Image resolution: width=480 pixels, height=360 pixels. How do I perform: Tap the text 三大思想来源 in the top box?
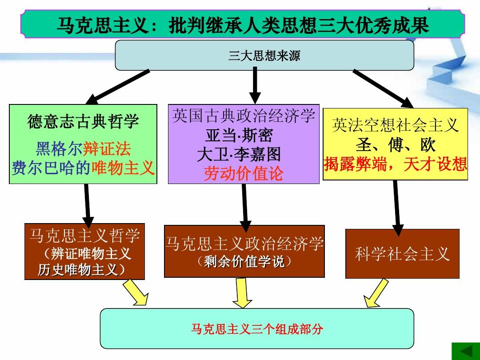click(264, 56)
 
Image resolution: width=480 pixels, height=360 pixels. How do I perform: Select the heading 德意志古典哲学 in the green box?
click(83, 121)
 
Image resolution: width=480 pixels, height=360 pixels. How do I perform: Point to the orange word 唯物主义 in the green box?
click(123, 168)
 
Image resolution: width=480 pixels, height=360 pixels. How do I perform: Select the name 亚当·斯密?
click(239, 135)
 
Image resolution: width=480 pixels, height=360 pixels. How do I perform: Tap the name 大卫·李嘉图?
click(239, 154)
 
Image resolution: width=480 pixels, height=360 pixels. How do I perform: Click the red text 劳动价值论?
click(243, 174)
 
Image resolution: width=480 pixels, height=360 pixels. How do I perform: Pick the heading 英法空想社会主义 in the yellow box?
click(395, 126)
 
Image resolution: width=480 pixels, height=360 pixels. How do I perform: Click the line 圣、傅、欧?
click(395, 145)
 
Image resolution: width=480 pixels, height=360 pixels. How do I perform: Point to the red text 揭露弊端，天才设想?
click(395, 164)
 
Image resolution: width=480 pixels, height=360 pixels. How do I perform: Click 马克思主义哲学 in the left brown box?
click(84, 235)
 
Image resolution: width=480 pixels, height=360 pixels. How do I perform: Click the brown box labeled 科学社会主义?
click(402, 254)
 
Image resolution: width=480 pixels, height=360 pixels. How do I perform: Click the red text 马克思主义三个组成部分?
click(257, 329)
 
